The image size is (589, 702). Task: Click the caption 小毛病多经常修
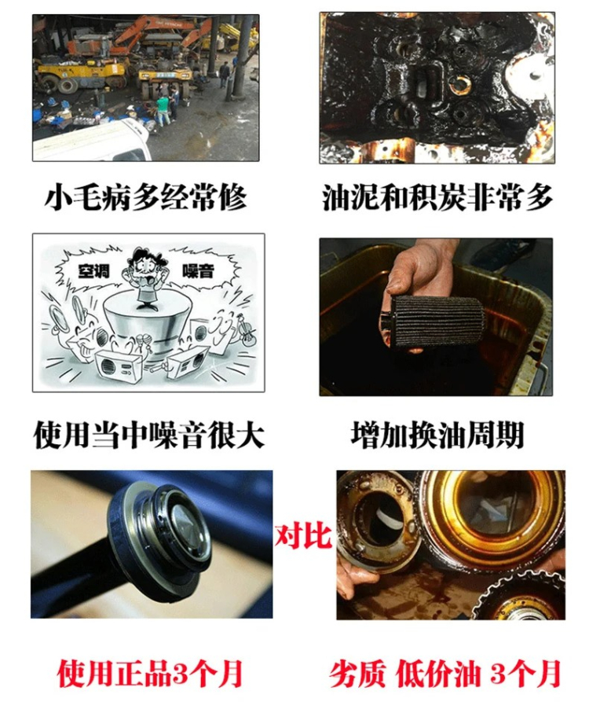click(x=146, y=197)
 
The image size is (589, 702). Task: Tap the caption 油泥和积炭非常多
click(x=437, y=197)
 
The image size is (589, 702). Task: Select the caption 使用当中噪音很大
click(x=149, y=435)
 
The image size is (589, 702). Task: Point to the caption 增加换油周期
click(x=437, y=435)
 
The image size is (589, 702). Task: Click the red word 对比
click(x=303, y=536)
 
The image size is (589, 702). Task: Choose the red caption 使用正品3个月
click(x=150, y=674)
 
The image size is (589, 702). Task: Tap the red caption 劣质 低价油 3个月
click(x=445, y=674)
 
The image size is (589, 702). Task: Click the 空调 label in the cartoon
click(x=93, y=270)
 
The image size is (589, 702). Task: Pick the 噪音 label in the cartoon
click(x=197, y=270)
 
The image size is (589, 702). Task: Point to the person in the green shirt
click(x=163, y=110)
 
